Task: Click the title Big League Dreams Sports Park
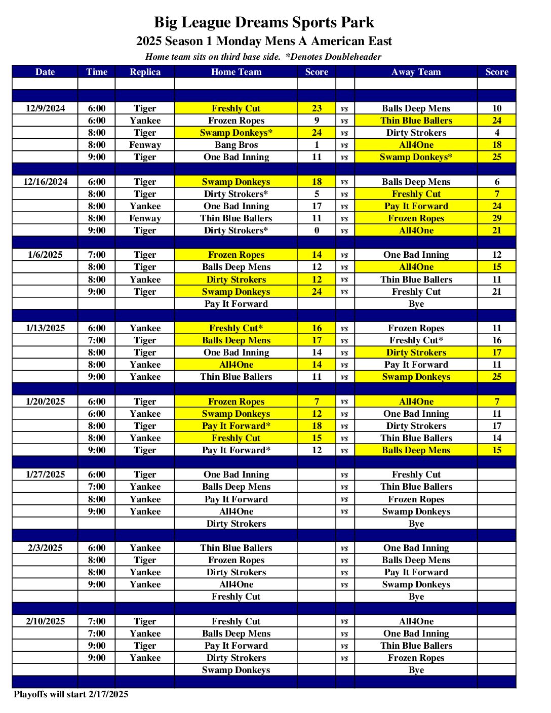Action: (264, 23)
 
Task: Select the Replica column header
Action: (145, 72)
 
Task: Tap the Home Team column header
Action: (236, 72)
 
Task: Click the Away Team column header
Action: (416, 72)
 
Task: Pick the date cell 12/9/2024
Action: (45, 108)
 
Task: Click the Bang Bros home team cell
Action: (236, 145)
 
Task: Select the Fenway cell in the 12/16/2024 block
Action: (145, 218)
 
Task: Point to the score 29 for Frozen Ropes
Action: (496, 218)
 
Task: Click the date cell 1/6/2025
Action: (45, 255)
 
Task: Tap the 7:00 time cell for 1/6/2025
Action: (97, 255)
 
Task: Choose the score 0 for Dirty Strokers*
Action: (317, 230)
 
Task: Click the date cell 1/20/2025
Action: (45, 402)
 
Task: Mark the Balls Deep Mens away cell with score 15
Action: (416, 450)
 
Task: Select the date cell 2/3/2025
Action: (45, 548)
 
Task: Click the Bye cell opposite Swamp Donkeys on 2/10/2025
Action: (416, 670)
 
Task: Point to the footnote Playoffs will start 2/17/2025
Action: (71, 694)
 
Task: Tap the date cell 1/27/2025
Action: (45, 474)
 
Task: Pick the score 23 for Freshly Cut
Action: (317, 108)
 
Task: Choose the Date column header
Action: (45, 72)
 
